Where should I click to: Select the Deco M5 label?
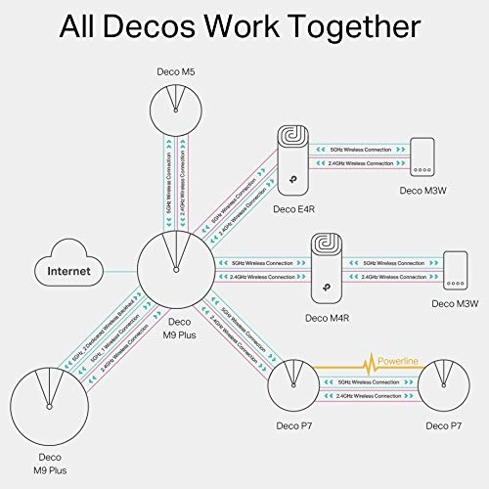pos(177,71)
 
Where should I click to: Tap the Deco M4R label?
pos(324,317)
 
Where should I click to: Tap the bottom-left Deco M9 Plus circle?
pos(48,406)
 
